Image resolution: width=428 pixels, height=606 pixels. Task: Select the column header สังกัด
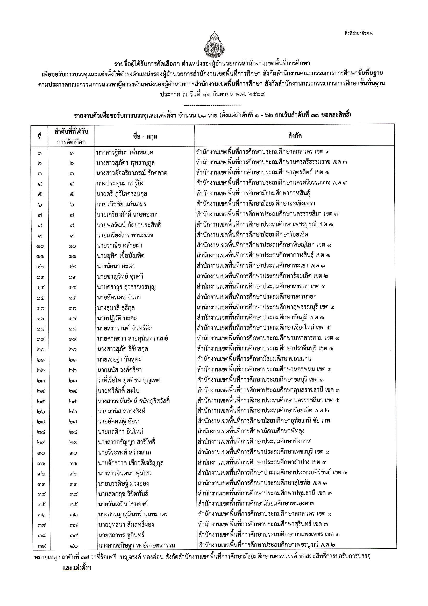coord(295,136)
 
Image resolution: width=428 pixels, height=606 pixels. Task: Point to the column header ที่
coord(40,137)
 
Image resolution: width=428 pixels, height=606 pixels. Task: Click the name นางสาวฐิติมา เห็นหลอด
coord(125,152)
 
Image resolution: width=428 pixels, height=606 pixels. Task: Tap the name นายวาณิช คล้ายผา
coord(120,246)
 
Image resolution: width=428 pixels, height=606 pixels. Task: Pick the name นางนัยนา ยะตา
coord(116,266)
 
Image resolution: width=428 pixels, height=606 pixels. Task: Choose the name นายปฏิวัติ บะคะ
coord(117,318)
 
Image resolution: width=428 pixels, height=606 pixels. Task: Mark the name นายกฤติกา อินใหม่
coord(120,432)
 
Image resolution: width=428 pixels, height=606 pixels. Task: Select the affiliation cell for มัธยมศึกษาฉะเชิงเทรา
coord(256,204)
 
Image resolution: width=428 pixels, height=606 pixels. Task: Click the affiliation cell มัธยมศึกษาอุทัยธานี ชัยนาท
coord(264,421)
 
